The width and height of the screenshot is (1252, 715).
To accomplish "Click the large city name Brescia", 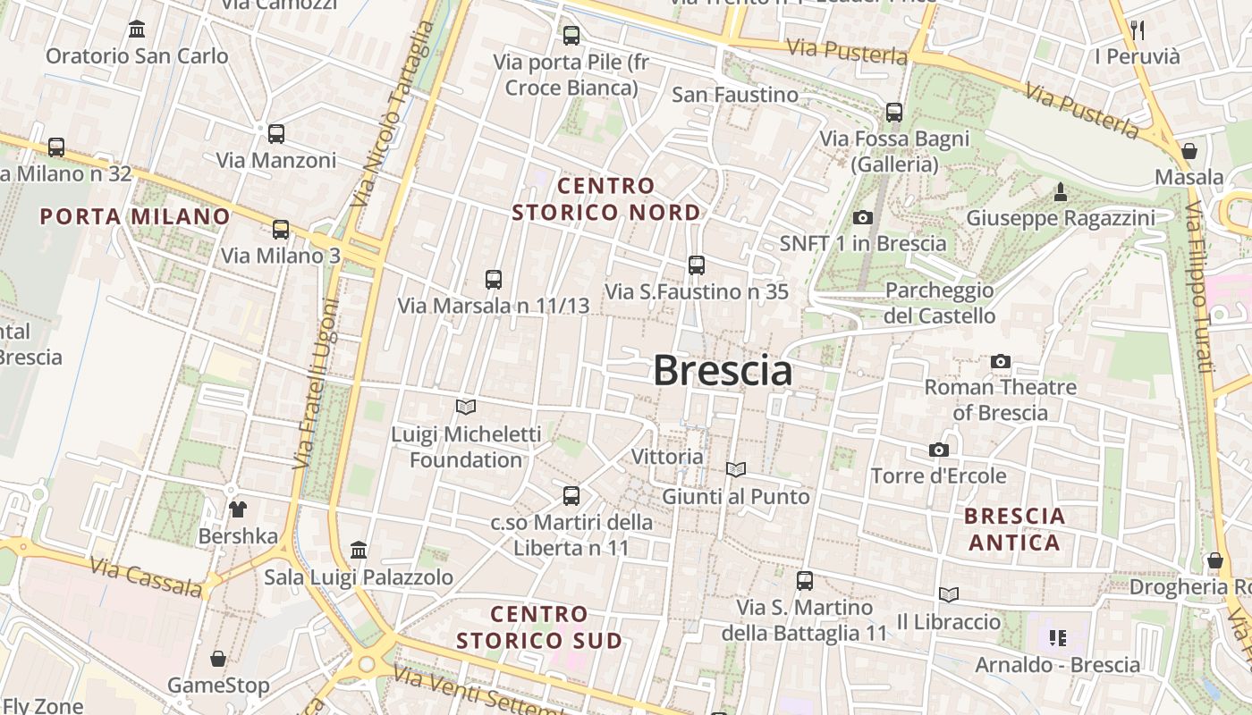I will [723, 370].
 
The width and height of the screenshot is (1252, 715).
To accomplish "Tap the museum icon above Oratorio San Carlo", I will [137, 29].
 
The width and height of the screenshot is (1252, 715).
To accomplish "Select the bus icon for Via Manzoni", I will [276, 134].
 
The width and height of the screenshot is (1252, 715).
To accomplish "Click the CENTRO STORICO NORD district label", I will [606, 199].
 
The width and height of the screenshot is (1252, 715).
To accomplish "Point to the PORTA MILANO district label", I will [136, 216].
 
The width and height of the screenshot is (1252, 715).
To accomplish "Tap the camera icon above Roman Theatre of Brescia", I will [1001, 362].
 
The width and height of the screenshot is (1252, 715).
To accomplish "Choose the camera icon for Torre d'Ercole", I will [938, 450].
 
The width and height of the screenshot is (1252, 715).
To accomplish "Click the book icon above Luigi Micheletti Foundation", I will [466, 408].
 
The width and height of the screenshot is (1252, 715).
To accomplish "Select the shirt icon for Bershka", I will [238, 509].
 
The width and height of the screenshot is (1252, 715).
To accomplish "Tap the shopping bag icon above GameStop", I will [218, 660].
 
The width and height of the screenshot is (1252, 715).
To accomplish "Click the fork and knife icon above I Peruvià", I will [1138, 30].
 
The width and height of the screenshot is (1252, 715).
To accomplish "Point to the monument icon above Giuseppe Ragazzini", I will [1061, 191].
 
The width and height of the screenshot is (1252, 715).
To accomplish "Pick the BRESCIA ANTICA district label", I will [1015, 529].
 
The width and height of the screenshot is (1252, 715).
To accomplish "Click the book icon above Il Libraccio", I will [949, 594].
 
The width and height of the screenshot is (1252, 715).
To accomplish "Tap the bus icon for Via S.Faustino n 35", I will [697, 265].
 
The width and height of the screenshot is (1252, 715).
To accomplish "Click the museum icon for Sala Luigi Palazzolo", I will [359, 550].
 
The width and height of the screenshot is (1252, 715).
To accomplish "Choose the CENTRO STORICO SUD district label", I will [539, 627].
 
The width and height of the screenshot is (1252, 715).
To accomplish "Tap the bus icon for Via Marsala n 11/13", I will [494, 280].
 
